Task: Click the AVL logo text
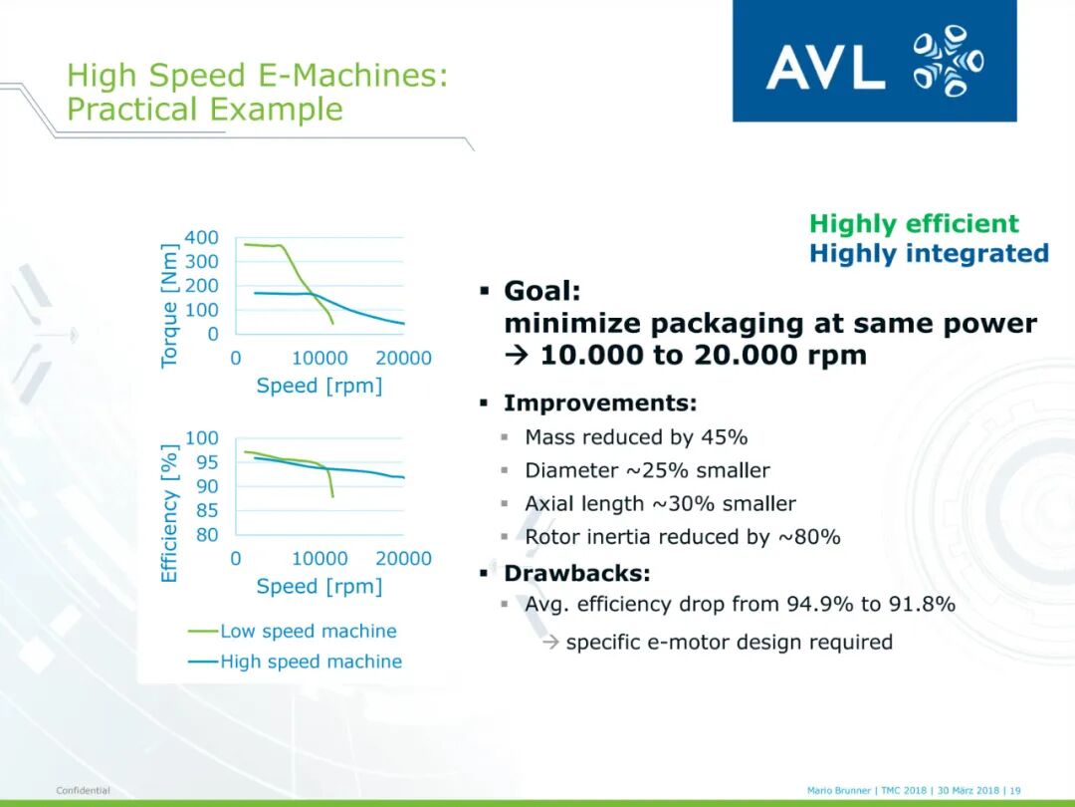tap(825, 67)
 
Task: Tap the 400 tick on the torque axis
tap(201, 237)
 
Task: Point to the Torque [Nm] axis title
tap(168, 306)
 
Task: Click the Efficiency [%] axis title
tap(168, 513)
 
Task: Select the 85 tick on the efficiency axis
tap(207, 510)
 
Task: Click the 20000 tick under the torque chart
tap(403, 358)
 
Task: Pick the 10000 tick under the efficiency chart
tap(320, 559)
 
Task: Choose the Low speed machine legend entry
tap(293, 632)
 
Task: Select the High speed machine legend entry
tap(296, 662)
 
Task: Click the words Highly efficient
tap(914, 224)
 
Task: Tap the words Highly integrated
tap(929, 254)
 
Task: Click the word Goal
tap(542, 291)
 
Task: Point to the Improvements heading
tap(600, 403)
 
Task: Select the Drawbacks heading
tap(576, 573)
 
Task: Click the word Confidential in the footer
tap(83, 790)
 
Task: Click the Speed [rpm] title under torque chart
tap(320, 387)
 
